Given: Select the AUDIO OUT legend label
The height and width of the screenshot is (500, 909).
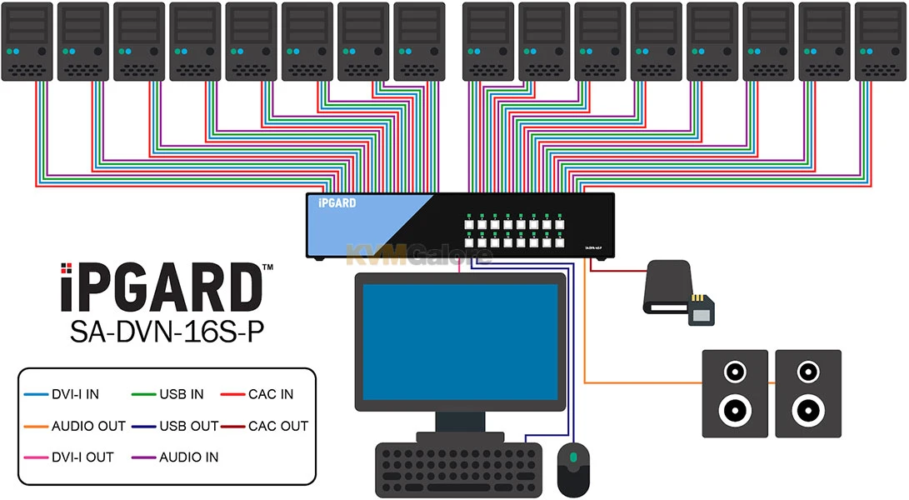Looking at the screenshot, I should click(88, 426).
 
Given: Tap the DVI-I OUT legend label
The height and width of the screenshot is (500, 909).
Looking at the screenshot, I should click(82, 457).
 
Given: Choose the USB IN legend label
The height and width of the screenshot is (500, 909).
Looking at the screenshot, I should click(181, 394).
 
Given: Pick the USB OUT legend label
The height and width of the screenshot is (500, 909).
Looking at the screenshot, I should click(188, 426).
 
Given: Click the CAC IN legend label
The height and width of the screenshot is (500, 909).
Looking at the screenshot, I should click(271, 394).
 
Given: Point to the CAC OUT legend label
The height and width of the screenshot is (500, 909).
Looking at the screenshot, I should click(278, 426).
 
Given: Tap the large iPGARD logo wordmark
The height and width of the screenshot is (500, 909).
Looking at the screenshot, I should click(162, 288).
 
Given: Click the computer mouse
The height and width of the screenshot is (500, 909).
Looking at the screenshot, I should click(573, 469).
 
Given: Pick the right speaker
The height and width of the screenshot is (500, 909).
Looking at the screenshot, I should click(808, 392).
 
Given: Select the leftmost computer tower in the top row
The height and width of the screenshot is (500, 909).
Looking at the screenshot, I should click(27, 42).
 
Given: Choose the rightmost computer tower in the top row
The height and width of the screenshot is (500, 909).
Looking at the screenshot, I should click(881, 42).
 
